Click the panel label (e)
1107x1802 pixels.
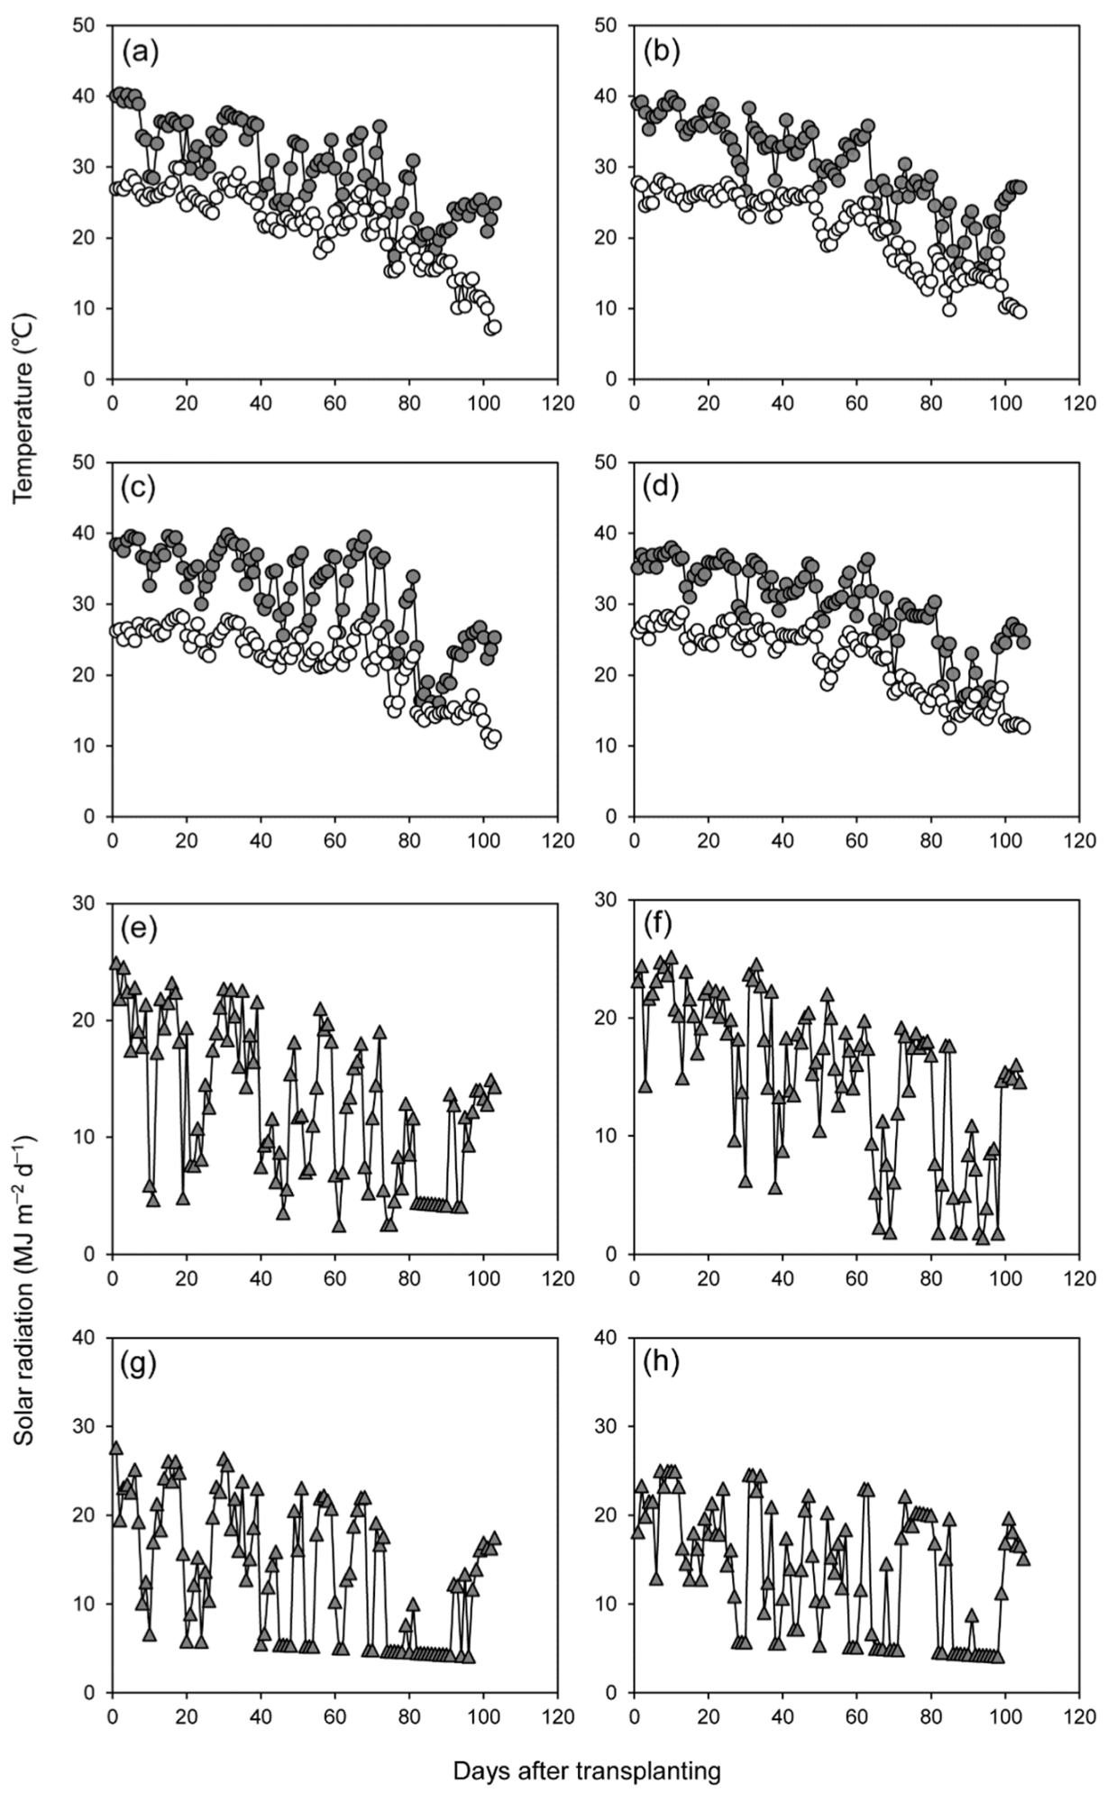pos(139,927)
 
